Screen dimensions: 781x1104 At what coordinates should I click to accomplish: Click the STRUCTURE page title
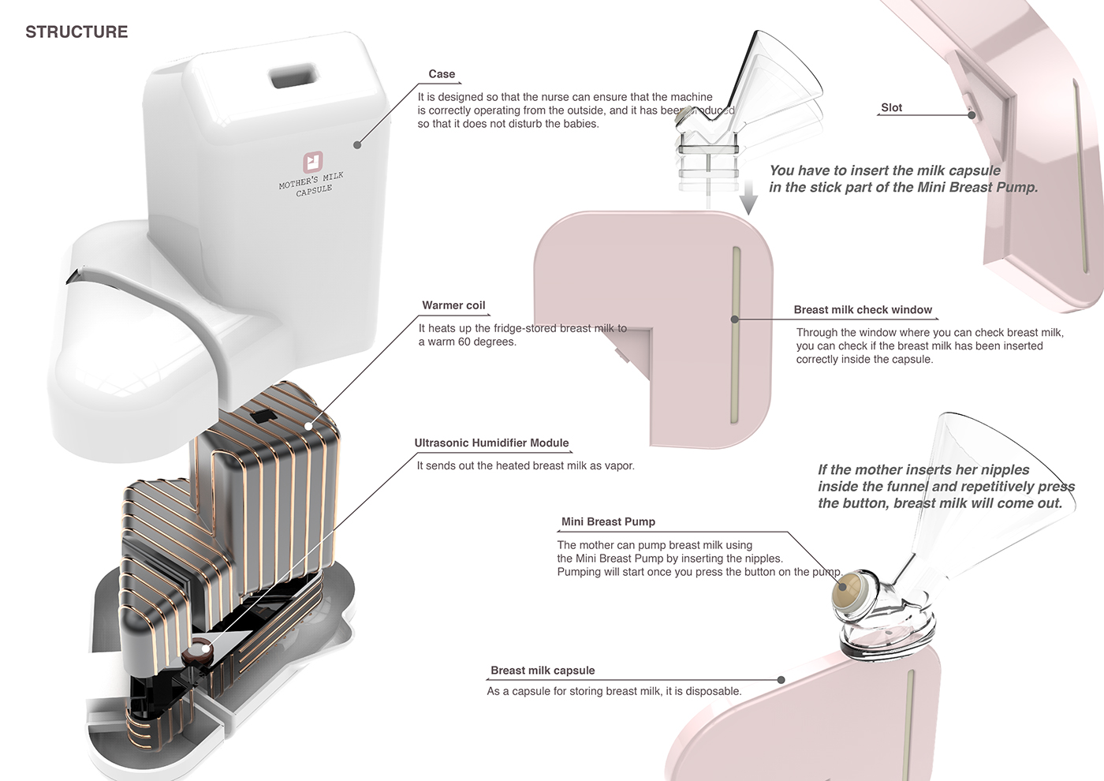[x=76, y=32]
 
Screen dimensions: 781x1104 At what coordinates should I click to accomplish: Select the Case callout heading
[x=442, y=74]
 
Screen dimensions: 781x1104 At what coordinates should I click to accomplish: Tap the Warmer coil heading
[x=453, y=305]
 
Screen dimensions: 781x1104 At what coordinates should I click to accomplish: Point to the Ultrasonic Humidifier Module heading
[x=491, y=443]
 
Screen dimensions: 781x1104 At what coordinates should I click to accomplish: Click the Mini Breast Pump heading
[x=608, y=521]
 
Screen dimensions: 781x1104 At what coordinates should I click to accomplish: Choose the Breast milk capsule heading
[x=543, y=671]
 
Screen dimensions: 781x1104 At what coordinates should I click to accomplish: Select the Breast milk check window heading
[x=863, y=310]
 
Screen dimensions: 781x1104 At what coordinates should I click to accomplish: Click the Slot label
[x=891, y=108]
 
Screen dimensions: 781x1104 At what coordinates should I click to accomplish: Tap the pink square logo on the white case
[x=313, y=162]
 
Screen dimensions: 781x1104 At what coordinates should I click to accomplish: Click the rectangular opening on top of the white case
[x=293, y=77]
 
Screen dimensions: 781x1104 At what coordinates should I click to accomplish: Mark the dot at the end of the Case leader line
[x=357, y=145]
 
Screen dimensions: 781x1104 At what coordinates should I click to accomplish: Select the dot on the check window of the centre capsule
[x=734, y=319]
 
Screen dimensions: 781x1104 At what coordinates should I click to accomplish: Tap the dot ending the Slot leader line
[x=972, y=115]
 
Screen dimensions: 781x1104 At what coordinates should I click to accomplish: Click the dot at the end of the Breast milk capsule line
[x=781, y=680]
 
